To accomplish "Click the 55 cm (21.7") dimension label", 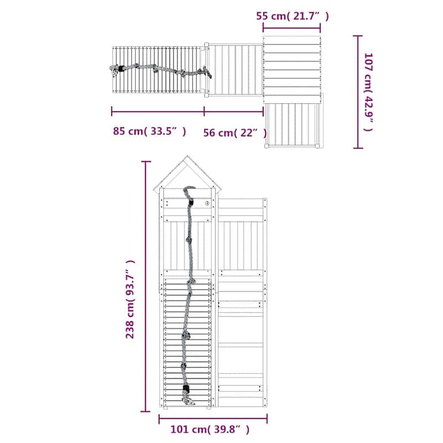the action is tap(292, 16).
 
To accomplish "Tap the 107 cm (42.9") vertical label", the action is tap(368, 92).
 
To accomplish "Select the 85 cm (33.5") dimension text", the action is tap(150, 131).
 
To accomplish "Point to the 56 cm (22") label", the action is tap(235, 132).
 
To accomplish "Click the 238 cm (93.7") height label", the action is tap(130, 299).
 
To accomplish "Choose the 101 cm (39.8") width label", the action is tap(210, 430).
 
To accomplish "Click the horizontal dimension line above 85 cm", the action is tap(158, 111).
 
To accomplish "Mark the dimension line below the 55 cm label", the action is tap(292, 28).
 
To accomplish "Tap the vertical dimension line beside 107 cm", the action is tap(358, 92).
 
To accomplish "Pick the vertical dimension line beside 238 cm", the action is tap(146, 286).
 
